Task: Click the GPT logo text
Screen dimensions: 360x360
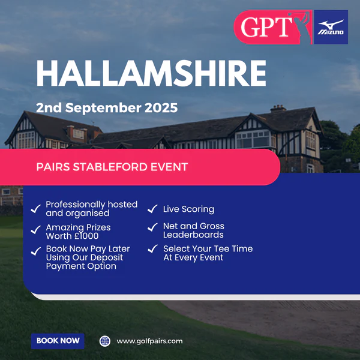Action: click(x=266, y=27)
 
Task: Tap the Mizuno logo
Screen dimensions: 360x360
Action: click(x=331, y=27)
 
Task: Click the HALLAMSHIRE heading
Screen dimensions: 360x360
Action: click(x=151, y=73)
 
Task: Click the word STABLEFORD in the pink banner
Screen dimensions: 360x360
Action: click(x=110, y=167)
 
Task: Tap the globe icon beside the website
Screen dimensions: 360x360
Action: click(x=105, y=341)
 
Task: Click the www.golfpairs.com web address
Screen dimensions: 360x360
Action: click(x=149, y=341)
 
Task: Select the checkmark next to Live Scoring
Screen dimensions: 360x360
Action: click(x=152, y=209)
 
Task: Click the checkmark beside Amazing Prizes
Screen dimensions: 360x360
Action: click(x=36, y=230)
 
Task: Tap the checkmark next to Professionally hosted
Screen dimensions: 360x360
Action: click(x=36, y=209)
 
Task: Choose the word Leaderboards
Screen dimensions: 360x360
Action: click(x=193, y=235)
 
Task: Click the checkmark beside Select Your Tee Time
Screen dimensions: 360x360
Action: click(x=152, y=249)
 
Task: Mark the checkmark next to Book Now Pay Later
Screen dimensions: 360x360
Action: click(x=36, y=251)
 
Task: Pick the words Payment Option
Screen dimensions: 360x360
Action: click(x=81, y=266)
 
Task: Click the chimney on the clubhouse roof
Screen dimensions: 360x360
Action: click(x=278, y=109)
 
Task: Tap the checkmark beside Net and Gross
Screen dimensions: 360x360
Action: click(x=152, y=227)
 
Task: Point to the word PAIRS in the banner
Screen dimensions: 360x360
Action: click(x=53, y=167)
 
